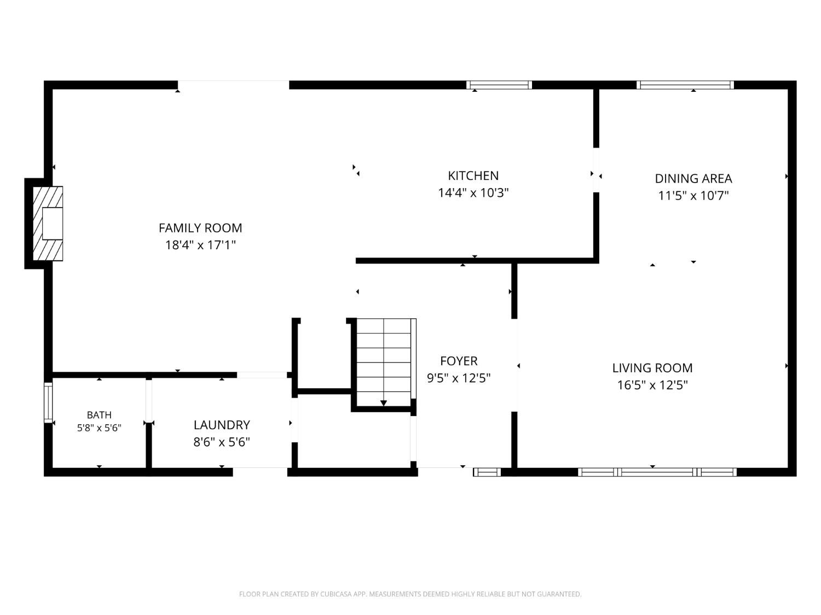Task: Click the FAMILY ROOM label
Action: pyautogui.click(x=200, y=228)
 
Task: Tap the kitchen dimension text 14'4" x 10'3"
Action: pyautogui.click(x=473, y=192)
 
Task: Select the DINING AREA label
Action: pyautogui.click(x=693, y=179)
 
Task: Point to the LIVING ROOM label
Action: pyautogui.click(x=652, y=368)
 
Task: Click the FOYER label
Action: pyautogui.click(x=459, y=361)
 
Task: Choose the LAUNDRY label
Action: pyautogui.click(x=222, y=425)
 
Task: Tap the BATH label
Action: pyautogui.click(x=99, y=415)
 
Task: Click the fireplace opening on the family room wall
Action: pyautogui.click(x=52, y=223)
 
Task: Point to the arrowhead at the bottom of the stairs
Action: pyautogui.click(x=383, y=403)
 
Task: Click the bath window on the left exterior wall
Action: pyautogui.click(x=48, y=402)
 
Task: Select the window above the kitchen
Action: pyautogui.click(x=499, y=85)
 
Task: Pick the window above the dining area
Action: pyautogui.click(x=685, y=85)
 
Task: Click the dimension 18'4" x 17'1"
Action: pyautogui.click(x=200, y=245)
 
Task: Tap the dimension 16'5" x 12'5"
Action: pyautogui.click(x=652, y=385)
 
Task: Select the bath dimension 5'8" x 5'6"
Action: pyautogui.click(x=99, y=427)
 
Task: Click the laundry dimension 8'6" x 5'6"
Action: pyautogui.click(x=222, y=442)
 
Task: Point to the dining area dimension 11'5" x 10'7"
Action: pyautogui.click(x=693, y=196)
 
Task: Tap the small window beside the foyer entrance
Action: pyautogui.click(x=487, y=472)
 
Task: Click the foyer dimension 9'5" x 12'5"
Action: pyautogui.click(x=459, y=378)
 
